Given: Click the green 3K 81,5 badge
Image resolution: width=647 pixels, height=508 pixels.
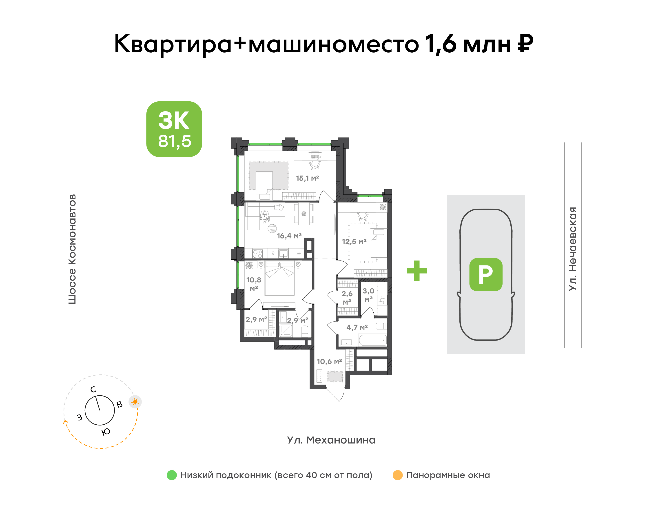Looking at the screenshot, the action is coord(174,129).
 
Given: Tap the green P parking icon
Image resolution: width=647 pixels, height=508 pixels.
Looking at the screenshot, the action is coord(486,274).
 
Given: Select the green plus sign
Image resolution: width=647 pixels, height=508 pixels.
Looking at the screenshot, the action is coord(417,271).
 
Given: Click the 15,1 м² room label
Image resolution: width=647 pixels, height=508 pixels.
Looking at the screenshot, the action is coord(307,178).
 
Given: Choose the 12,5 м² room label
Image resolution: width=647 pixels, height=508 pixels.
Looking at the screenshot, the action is coord(354,241).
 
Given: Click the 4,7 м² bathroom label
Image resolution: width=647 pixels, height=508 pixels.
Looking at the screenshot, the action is coord(357,328).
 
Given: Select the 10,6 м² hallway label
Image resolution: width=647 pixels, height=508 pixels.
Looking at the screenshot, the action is coord(329,361).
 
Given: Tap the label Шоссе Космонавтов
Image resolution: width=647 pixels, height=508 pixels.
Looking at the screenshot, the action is coord(72,249).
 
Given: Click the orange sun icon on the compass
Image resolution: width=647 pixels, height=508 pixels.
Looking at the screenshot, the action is coord(135,402).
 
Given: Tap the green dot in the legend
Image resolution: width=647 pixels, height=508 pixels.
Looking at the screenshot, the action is coord(172,475).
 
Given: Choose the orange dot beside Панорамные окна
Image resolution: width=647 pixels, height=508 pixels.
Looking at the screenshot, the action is coord(398,475).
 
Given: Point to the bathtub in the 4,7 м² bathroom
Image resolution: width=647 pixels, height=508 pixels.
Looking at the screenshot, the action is coord(373,340).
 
